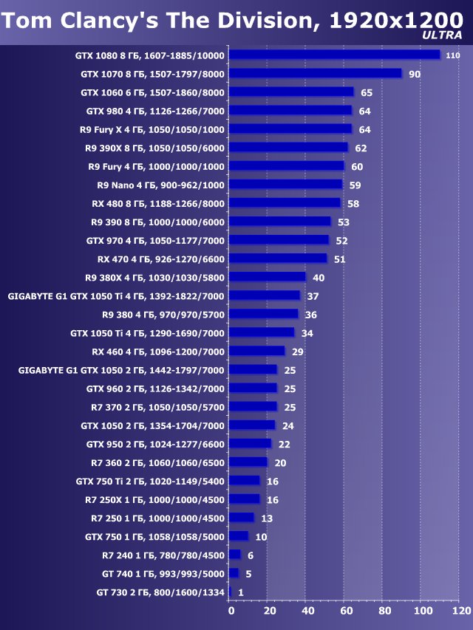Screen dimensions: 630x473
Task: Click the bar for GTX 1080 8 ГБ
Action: (x=335, y=55)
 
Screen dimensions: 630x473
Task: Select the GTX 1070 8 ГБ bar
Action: (x=316, y=73)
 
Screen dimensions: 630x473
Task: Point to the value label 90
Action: (x=415, y=74)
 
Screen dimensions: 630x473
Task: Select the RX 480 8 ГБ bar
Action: (x=285, y=202)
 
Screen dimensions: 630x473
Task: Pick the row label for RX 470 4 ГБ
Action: (x=160, y=258)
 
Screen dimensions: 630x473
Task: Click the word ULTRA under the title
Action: (x=442, y=35)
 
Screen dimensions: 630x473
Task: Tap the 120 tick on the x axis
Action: (x=460, y=611)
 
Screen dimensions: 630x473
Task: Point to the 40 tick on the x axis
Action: (x=307, y=611)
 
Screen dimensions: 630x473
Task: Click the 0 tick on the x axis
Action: (x=231, y=611)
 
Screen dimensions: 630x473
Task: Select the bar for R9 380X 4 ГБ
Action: (x=268, y=277)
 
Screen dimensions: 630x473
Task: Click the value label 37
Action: (x=313, y=295)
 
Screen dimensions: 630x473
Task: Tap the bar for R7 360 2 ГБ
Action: (x=248, y=462)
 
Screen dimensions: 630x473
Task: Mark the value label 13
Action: (x=267, y=518)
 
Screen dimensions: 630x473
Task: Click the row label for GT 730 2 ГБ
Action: (x=160, y=592)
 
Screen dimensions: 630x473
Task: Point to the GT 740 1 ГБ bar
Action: (x=234, y=573)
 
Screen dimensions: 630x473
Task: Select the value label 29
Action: (x=298, y=352)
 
